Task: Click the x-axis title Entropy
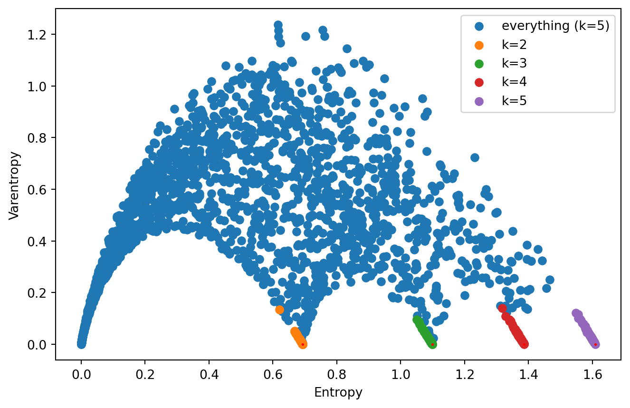click(x=338, y=393)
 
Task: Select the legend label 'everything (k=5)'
click(x=555, y=26)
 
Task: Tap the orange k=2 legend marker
click(x=479, y=45)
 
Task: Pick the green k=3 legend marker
click(x=479, y=63)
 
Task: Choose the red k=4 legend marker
click(x=479, y=82)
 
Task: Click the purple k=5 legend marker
click(x=479, y=101)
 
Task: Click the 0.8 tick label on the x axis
click(x=337, y=371)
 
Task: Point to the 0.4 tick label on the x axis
click(x=209, y=371)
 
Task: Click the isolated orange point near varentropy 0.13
click(x=279, y=310)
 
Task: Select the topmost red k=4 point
click(x=502, y=308)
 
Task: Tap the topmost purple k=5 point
click(x=576, y=313)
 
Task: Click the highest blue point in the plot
click(x=278, y=25)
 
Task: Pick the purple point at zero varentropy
click(x=595, y=344)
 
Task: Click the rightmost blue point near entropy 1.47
click(x=550, y=280)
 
